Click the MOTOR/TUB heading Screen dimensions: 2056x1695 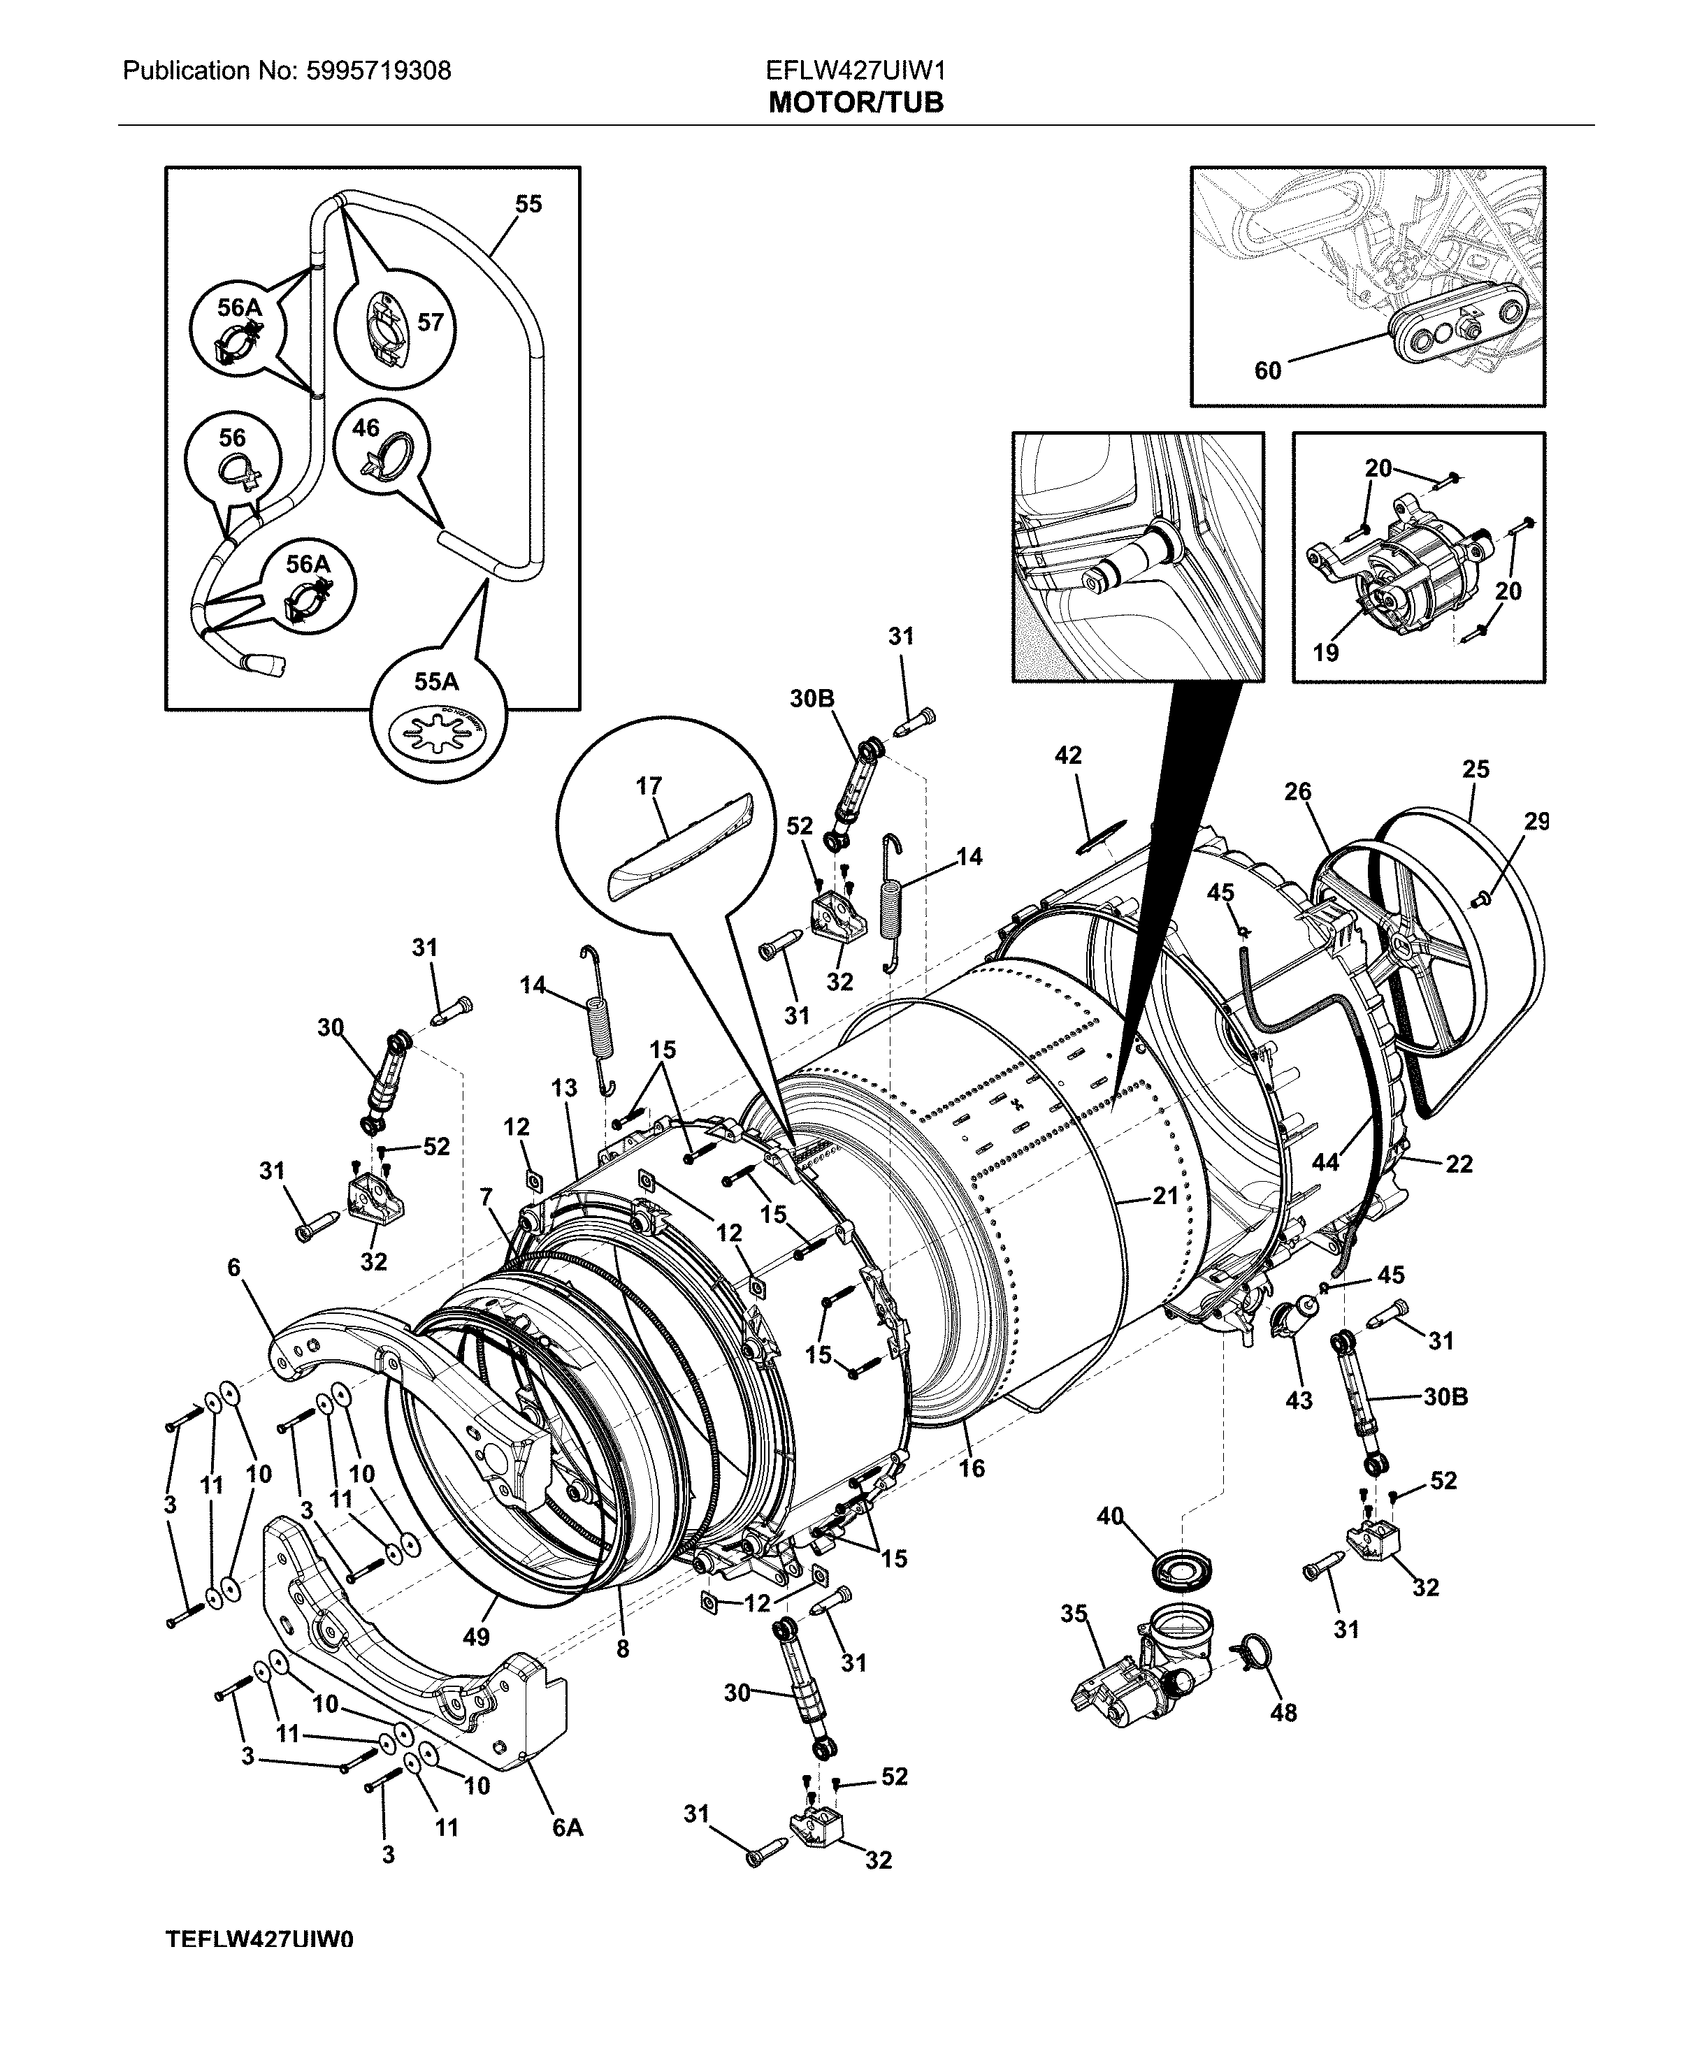(856, 103)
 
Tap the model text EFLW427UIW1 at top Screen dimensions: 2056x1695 (856, 71)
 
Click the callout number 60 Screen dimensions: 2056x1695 (1267, 371)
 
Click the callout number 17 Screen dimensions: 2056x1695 (649, 786)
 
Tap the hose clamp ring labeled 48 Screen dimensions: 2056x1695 (1257, 1650)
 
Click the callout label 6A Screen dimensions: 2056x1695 (568, 1827)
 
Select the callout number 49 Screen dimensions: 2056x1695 (475, 1636)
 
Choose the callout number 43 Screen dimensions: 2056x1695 (1299, 1400)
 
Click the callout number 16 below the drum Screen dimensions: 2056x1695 (972, 1468)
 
